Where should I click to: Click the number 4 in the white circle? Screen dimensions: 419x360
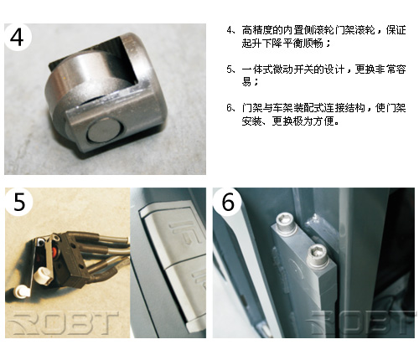[x=17, y=37]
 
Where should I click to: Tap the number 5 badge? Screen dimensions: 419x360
[x=19, y=202]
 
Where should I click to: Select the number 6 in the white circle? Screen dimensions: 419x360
[x=228, y=202]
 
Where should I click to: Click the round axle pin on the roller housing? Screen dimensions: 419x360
[x=105, y=132]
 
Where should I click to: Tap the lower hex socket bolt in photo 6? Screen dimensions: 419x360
[x=318, y=254]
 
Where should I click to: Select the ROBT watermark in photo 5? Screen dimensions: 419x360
[x=64, y=323]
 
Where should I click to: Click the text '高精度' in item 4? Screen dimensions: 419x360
[x=257, y=30]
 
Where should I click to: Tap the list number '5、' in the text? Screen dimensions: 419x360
[x=232, y=69]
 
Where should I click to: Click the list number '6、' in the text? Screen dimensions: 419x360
[x=232, y=108]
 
